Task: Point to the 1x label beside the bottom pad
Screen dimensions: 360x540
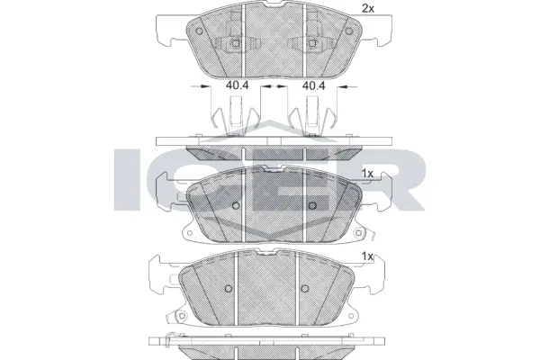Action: (x=367, y=256)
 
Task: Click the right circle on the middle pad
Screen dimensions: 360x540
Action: (x=310, y=205)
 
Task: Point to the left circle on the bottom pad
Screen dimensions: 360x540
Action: (x=228, y=289)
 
